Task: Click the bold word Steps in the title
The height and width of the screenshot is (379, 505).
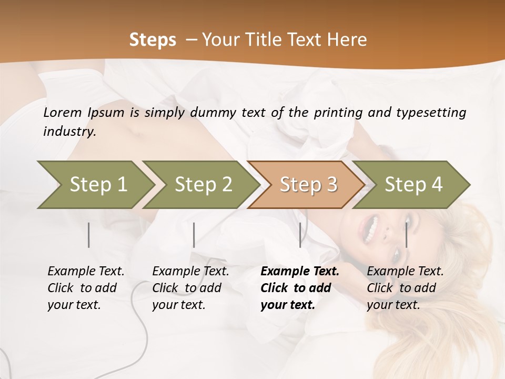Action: coord(153,40)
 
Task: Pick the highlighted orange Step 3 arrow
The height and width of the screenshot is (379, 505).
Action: coord(308,185)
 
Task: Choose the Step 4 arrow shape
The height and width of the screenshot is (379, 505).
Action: coord(413,185)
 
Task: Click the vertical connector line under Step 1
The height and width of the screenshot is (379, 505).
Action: coord(89,235)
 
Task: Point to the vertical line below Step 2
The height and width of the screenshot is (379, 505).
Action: coord(194,235)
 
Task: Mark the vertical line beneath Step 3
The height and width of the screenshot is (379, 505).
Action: coord(300,235)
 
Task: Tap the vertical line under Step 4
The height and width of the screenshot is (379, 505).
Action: coord(406,235)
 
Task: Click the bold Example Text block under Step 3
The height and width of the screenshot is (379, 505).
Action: coord(300,288)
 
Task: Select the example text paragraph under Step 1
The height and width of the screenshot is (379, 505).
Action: coord(86,288)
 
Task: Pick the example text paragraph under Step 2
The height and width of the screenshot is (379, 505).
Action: coord(190,288)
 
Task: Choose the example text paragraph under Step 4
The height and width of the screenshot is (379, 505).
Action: coord(405,288)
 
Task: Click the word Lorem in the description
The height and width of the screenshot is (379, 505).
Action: coord(63,113)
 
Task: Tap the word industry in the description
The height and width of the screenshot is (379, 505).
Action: coord(69,132)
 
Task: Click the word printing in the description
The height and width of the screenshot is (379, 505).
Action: coord(339,113)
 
